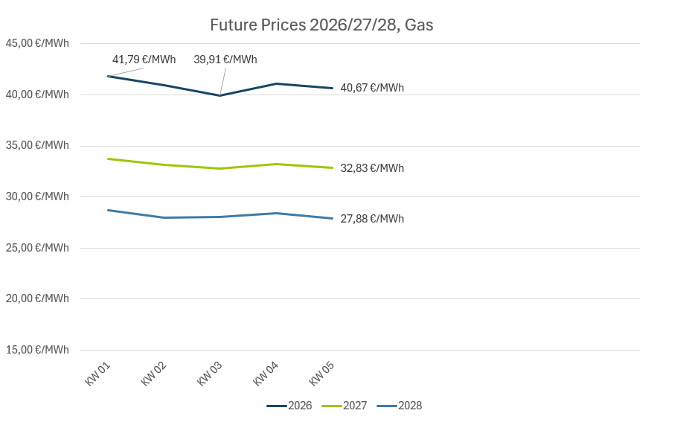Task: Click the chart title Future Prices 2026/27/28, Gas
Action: coord(321,25)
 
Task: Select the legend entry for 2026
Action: coord(289,406)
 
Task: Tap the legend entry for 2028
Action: coord(400,406)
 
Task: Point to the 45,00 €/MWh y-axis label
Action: coord(37,43)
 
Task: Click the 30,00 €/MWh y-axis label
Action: coord(37,196)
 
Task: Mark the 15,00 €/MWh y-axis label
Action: coord(37,350)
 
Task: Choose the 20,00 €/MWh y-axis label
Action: coord(37,298)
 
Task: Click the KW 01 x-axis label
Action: coord(98,374)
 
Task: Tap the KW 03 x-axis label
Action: coord(210,374)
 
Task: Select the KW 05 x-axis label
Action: coord(322,374)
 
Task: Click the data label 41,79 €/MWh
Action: coord(144,60)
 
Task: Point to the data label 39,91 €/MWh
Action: coord(225,60)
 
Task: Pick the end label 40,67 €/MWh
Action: coord(372,88)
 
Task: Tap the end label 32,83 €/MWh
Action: coord(372,168)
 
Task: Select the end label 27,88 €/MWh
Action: coord(372,219)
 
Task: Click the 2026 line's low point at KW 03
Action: coord(220,95)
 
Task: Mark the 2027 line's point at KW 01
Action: coord(108,159)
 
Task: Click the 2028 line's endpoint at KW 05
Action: coord(333,218)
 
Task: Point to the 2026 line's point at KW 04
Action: coord(276,83)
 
